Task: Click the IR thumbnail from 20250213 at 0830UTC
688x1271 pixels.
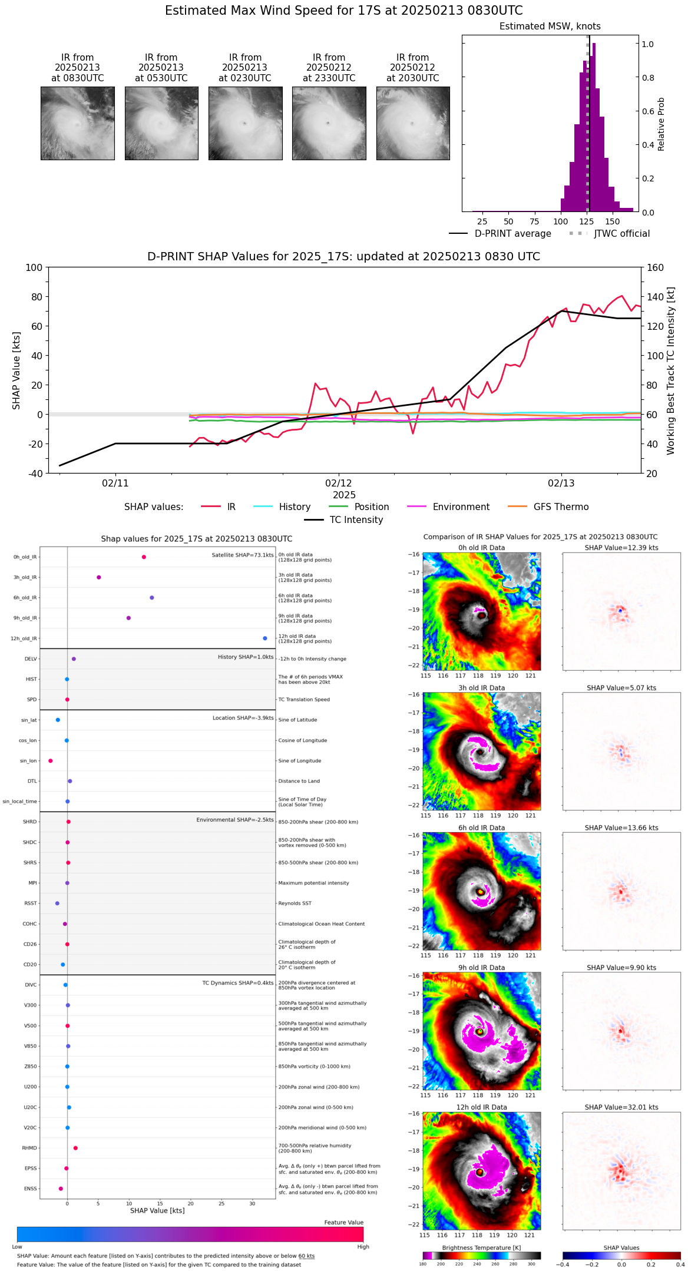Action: point(77,123)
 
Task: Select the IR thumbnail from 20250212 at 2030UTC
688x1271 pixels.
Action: point(413,123)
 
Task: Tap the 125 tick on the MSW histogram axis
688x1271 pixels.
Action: point(587,221)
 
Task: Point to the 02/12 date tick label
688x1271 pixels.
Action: point(338,483)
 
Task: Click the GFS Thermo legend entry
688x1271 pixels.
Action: point(561,507)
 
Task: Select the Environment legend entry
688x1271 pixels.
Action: point(461,507)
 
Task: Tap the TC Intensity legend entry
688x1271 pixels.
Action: point(356,520)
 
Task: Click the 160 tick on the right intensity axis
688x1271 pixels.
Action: point(656,267)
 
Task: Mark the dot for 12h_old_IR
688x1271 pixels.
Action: point(265,638)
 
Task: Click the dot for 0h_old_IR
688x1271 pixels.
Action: point(144,557)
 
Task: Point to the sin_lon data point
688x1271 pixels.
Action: point(51,761)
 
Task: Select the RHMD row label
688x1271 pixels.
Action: point(29,1148)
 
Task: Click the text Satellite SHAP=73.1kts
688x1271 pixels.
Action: point(243,555)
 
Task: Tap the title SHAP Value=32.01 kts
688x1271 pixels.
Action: point(621,1107)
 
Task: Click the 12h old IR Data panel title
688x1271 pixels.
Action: point(481,1107)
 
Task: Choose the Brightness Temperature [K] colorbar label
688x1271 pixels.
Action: point(481,1247)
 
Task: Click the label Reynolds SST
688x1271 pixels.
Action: point(295,903)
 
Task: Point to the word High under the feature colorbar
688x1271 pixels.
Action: point(363,1247)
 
